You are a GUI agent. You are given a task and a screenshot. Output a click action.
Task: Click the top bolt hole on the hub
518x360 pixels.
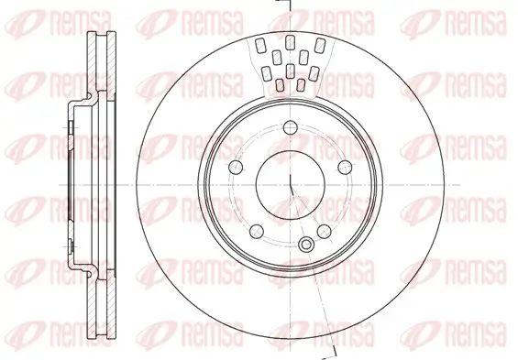pyautogui.click(x=290, y=127)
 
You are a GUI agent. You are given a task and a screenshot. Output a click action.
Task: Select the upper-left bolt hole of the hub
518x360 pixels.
pyautogui.click(x=235, y=167)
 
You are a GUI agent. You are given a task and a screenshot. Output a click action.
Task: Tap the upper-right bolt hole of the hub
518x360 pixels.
pyautogui.click(x=345, y=167)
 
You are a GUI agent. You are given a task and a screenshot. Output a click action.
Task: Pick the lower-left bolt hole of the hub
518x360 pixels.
pyautogui.click(x=256, y=231)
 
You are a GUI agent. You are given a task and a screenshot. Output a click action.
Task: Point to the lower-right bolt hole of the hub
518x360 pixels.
pyautogui.click(x=324, y=231)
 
